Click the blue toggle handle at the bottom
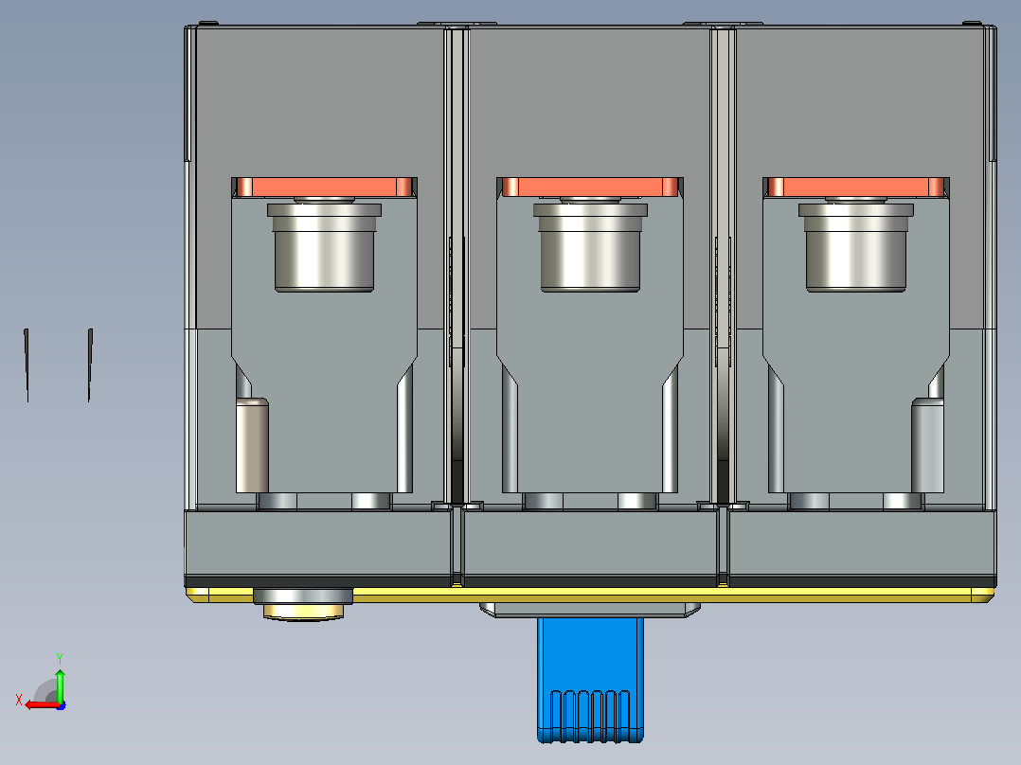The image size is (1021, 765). [590, 680]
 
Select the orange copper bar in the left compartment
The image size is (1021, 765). [324, 187]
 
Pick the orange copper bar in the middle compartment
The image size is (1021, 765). [590, 187]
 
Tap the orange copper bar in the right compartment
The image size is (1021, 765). [855, 187]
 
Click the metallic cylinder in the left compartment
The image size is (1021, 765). [324, 247]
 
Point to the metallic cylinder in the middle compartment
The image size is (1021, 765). [590, 247]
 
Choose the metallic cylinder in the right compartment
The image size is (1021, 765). [855, 247]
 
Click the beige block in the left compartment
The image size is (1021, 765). [252, 445]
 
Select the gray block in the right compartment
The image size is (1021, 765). [927, 445]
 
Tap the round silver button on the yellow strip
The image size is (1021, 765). [303, 604]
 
